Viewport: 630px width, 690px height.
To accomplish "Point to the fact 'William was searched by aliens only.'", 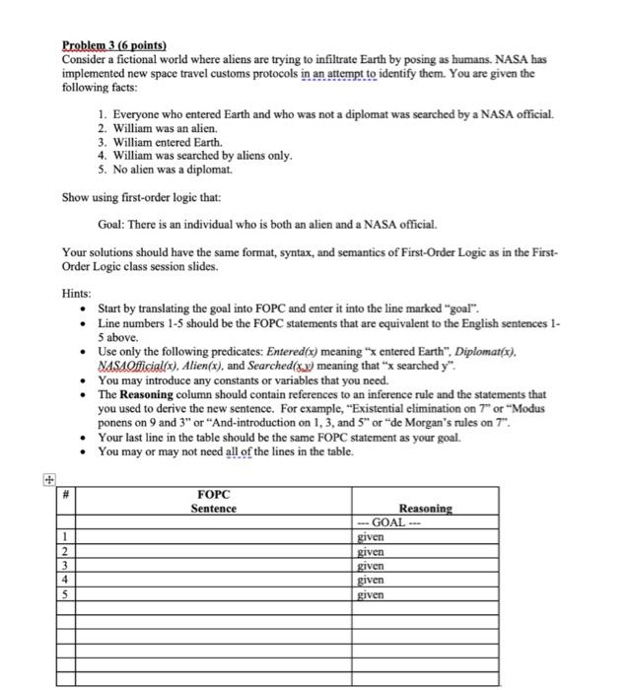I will pos(201,155).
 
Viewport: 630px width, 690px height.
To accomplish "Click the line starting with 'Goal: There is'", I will pos(267,225).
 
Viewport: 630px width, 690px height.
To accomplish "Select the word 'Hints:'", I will pos(76,294).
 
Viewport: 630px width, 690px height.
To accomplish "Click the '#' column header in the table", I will pos(65,495).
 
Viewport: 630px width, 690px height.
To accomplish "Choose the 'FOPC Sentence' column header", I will pos(214,502).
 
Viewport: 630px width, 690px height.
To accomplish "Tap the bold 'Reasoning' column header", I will pos(425,509).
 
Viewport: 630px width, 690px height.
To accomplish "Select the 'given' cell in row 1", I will pos(372,538).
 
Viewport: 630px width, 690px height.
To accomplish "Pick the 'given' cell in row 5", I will pos(372,595).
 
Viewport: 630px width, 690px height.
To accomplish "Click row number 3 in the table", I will pos(65,567).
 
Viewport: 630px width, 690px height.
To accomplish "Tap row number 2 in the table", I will pos(65,552).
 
